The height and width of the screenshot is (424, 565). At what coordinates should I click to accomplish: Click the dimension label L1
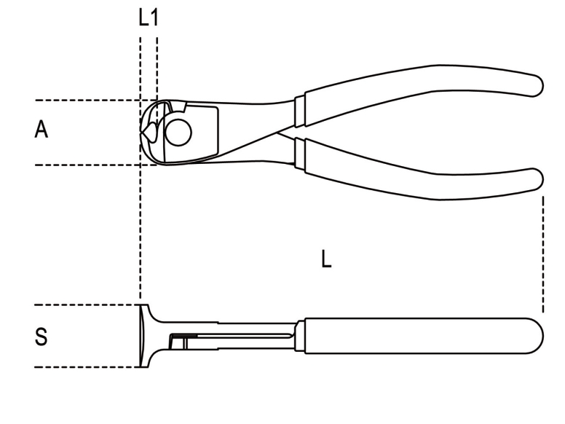[149, 17]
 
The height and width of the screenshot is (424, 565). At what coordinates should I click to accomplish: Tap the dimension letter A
[41, 129]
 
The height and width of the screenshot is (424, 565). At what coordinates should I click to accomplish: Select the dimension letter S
[41, 337]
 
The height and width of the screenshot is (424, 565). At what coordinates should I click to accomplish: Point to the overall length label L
[326, 259]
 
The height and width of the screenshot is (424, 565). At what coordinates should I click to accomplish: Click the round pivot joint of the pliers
[178, 133]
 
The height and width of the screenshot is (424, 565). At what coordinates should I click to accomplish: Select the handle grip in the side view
[424, 336]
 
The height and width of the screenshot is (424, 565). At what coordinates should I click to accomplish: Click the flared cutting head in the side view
[145, 336]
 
